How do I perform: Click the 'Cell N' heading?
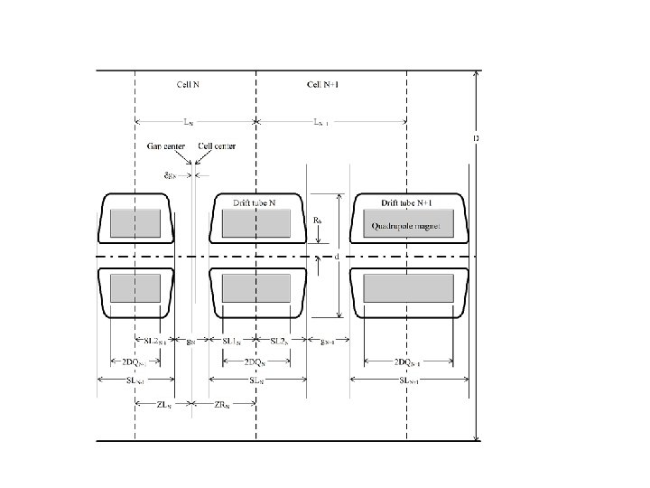[x=187, y=85]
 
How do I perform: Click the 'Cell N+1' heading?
[x=322, y=85]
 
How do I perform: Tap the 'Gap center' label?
[x=166, y=146]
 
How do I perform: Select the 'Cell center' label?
[x=217, y=146]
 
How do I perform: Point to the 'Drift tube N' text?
[x=256, y=203]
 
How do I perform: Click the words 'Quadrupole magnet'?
[x=406, y=227]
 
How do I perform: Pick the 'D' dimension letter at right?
[x=476, y=138]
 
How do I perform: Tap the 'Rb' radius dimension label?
[x=318, y=220]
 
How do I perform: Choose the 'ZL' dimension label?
[x=163, y=405]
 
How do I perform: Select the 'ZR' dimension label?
[x=222, y=405]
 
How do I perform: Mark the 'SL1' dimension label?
[x=232, y=341]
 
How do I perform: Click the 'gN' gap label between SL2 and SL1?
[x=190, y=341]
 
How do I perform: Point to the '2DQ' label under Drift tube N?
[x=256, y=361]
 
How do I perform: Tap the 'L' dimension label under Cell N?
[x=187, y=120]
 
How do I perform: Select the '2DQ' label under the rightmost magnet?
[x=408, y=361]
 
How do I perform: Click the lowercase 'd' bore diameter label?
[x=336, y=257]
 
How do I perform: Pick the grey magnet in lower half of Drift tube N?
[x=256, y=288]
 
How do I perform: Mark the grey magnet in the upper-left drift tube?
[x=135, y=223]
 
